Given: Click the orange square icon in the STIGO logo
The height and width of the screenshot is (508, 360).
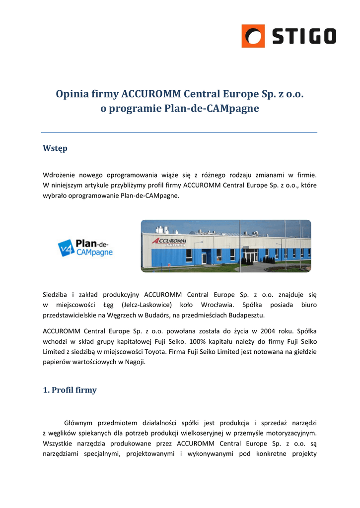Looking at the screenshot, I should [253, 36].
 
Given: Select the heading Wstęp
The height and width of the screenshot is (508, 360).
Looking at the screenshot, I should [55, 148].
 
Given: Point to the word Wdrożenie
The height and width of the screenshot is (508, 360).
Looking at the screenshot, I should [60, 175].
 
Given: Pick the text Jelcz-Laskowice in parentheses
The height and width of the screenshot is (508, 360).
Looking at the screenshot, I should [147, 304].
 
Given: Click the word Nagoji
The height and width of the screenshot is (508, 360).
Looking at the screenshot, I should [134, 362].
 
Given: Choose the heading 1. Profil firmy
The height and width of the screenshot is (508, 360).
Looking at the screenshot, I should [70, 390].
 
